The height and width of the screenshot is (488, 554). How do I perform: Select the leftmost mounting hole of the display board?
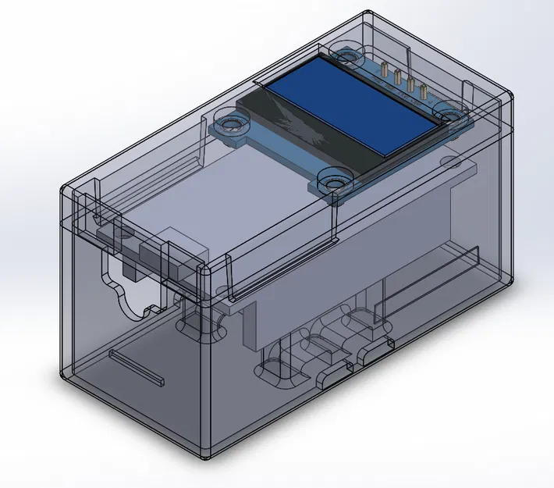[230, 123]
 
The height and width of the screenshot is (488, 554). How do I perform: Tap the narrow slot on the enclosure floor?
[137, 367]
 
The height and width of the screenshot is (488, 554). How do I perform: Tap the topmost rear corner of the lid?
[368, 13]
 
